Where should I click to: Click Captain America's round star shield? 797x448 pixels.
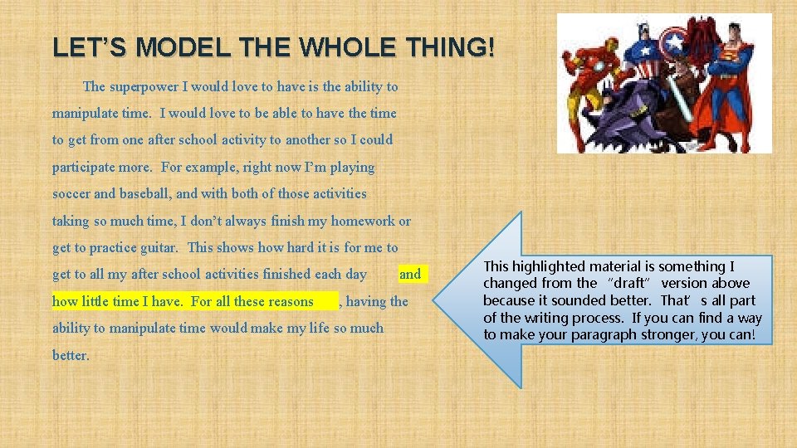tap(700, 41)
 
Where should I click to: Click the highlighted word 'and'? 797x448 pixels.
tap(410, 274)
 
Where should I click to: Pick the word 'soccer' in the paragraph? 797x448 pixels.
tap(72, 193)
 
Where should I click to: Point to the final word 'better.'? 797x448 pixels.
tap(71, 355)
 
